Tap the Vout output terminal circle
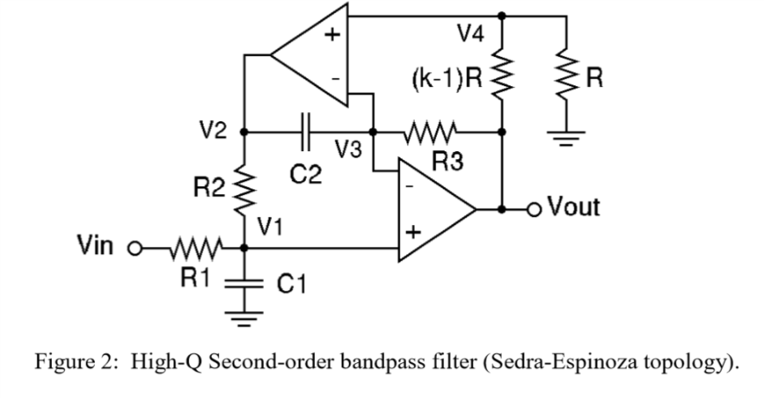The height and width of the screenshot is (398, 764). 535,209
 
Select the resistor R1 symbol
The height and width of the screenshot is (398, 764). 193,246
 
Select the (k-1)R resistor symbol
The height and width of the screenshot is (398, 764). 503,78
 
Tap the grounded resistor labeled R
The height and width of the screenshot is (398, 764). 566,78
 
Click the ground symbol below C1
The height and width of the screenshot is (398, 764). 244,318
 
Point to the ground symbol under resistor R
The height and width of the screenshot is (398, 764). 566,140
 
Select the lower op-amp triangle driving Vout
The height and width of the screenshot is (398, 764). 434,210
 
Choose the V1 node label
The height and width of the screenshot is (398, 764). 270,227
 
